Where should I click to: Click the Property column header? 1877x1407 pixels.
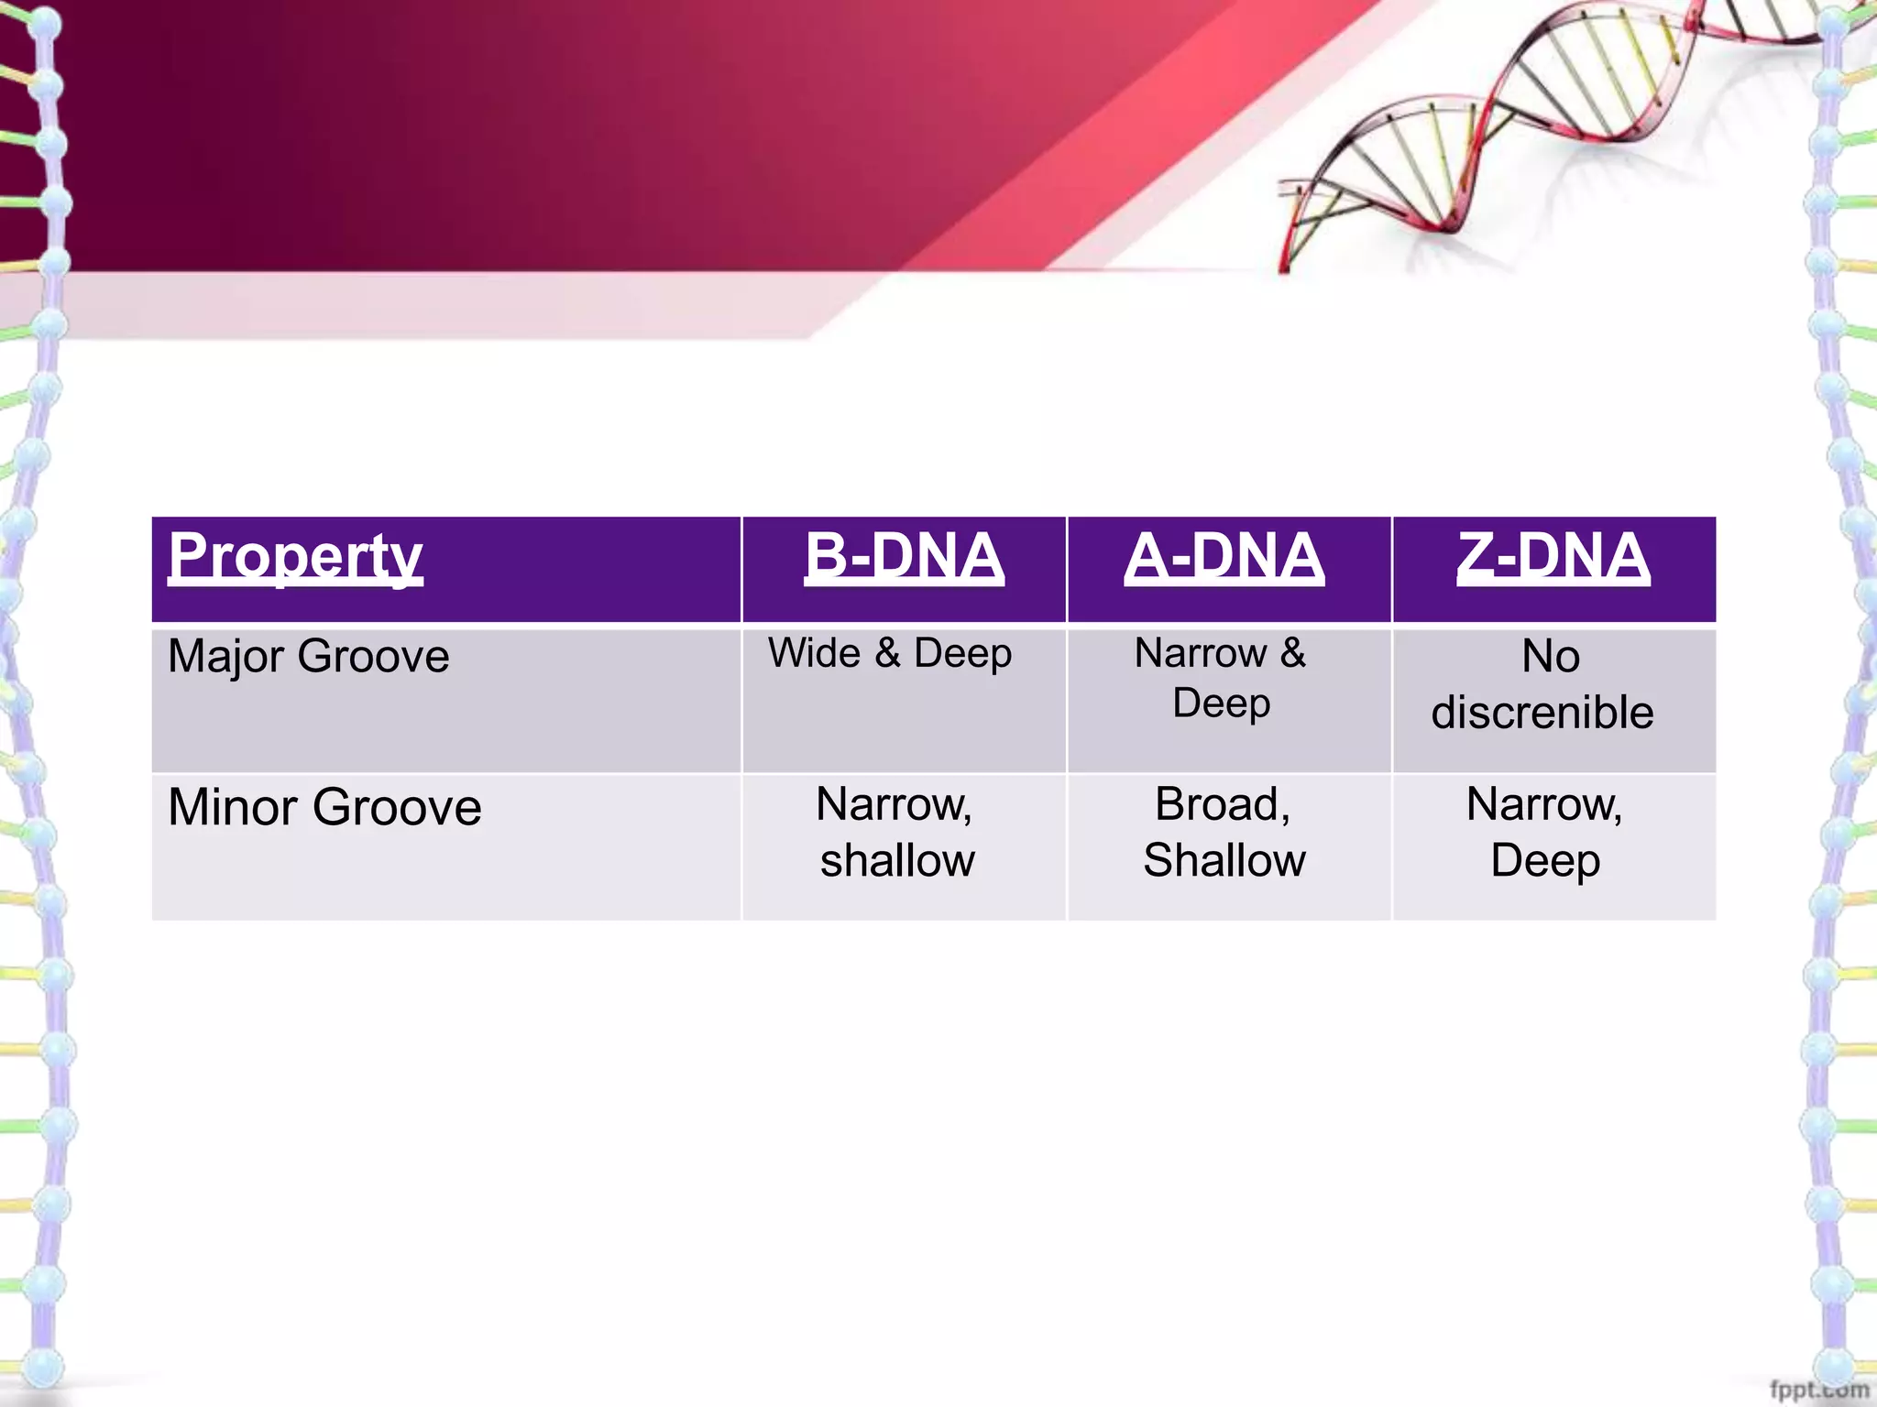point(295,557)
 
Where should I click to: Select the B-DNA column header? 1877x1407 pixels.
point(904,557)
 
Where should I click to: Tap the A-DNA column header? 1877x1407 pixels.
point(1224,557)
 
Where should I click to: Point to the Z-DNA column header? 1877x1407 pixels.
point(1553,557)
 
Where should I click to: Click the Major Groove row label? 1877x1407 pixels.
point(308,657)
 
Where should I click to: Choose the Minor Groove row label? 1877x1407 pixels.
point(324,807)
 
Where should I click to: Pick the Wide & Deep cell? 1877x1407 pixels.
point(890,653)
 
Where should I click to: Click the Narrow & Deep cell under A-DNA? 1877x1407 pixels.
point(1221,678)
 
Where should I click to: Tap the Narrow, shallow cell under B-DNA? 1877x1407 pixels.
point(896,832)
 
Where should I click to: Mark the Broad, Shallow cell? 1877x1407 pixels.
point(1224,832)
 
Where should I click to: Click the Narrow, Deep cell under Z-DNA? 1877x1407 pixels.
point(1545,832)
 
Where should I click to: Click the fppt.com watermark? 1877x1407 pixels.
point(1818,1390)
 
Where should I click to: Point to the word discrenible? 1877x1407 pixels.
point(1542,713)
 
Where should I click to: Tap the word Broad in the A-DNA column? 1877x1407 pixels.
point(1221,804)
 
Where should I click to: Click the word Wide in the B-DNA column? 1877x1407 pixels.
point(815,653)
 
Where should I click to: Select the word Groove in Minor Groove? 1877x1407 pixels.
point(396,807)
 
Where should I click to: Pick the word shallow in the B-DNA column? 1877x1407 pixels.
point(897,860)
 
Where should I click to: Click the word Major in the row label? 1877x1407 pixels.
point(225,657)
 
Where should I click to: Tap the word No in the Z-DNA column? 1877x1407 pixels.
point(1551,657)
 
